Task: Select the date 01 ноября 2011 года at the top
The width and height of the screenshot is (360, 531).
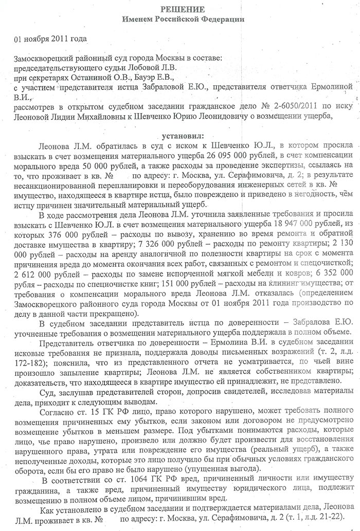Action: [50, 39]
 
